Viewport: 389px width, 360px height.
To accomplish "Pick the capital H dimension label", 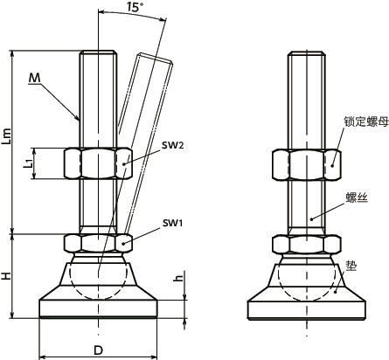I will click(x=8, y=275).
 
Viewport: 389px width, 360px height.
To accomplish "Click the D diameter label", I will click(x=98, y=349).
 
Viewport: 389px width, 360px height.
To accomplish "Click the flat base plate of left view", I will click(x=98, y=308).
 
